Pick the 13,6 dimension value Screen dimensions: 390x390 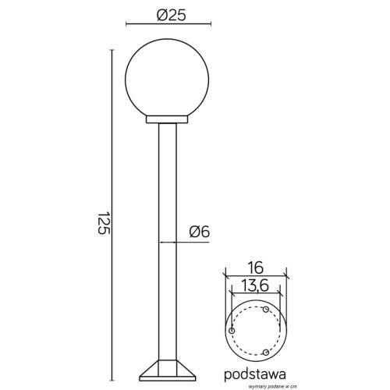coord(256,285)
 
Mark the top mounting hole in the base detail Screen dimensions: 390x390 coord(267,310)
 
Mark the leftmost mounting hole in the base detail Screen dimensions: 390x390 coord(232,331)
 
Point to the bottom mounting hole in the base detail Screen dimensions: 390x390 coord(267,352)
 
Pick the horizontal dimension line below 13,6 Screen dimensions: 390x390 coord(256,296)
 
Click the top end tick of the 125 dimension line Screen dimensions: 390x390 coord(114,48)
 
